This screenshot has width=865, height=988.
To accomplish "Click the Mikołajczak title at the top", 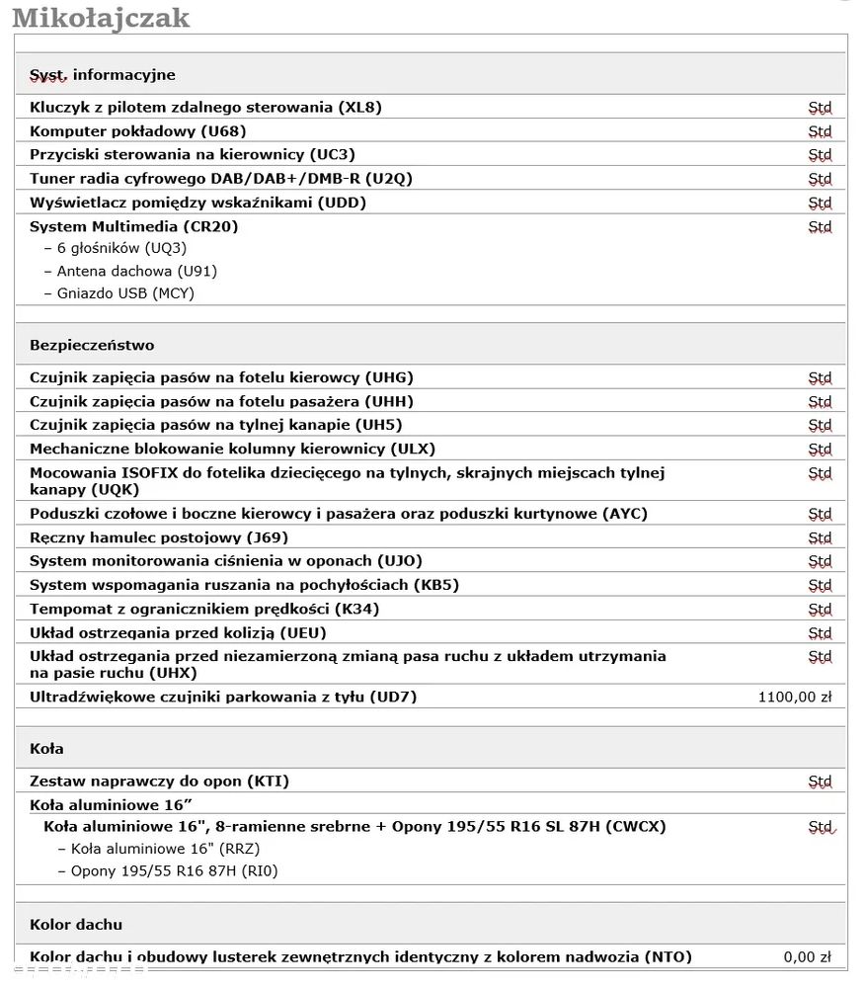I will [x=100, y=18].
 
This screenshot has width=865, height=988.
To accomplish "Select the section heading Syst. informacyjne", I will [x=102, y=74].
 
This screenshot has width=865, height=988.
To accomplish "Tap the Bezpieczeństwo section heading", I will [x=92, y=345].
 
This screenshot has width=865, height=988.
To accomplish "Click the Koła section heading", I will [x=46, y=749].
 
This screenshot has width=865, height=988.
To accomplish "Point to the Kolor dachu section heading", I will [x=76, y=925].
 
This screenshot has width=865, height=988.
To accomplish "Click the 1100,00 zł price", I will [x=794, y=697].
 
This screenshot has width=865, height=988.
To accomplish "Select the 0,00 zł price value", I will [x=807, y=956].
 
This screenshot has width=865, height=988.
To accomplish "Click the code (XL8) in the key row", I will [x=359, y=107].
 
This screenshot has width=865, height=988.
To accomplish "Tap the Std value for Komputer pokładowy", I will [x=820, y=131].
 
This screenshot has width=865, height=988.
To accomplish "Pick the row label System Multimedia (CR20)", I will [x=133, y=226].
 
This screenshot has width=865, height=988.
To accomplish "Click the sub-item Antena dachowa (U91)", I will [x=136, y=271].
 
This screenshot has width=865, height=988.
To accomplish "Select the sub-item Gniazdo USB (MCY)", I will [x=125, y=293].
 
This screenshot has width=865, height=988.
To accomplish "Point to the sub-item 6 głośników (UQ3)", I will [x=121, y=248].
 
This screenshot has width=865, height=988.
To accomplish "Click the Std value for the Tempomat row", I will [x=820, y=610].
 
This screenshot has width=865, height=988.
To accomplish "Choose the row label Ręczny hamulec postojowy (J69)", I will [x=159, y=537].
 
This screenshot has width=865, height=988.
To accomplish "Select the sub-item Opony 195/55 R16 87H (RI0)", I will [x=174, y=870].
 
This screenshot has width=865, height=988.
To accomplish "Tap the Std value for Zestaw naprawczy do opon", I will [x=820, y=782].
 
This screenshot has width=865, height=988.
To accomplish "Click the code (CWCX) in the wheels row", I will [x=635, y=826].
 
